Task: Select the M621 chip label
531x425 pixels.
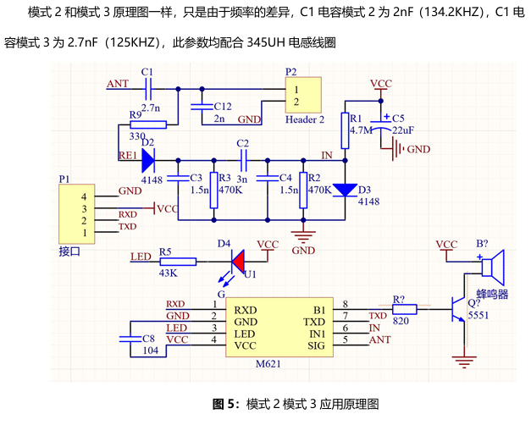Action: pos(268,364)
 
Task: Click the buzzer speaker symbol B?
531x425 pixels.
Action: pos(492,267)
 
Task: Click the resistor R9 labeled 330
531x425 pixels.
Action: pos(148,124)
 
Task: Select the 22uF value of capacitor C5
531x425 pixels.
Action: pos(403,130)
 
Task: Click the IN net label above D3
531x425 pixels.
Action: pos(327,155)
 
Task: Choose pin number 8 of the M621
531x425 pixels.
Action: pos(344,305)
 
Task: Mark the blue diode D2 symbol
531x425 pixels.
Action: pos(149,157)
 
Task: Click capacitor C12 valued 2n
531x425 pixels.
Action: pos(201,106)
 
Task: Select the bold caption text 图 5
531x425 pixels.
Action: pos(226,403)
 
